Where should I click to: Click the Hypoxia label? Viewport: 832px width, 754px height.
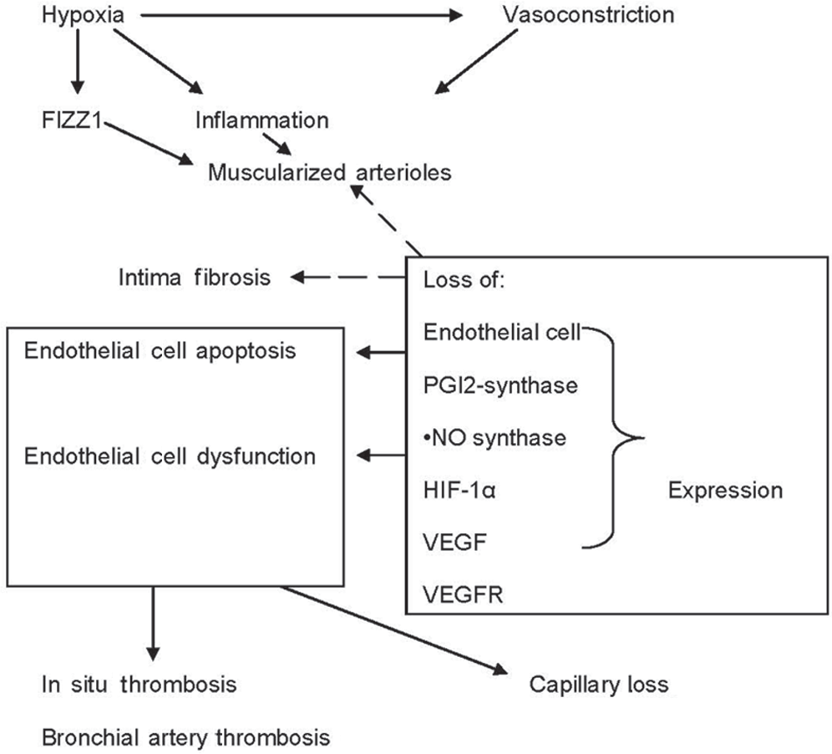pyautogui.click(x=83, y=15)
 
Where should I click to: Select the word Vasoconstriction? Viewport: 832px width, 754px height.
pyautogui.click(x=588, y=14)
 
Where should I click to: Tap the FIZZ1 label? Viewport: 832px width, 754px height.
pyautogui.click(x=72, y=120)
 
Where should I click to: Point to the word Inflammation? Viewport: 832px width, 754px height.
pyautogui.click(x=262, y=120)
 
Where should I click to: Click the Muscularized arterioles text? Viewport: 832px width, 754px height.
pyautogui.click(x=329, y=172)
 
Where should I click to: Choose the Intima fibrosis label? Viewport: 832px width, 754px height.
pyautogui.click(x=194, y=278)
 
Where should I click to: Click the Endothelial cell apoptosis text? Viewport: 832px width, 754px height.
pyautogui.click(x=160, y=352)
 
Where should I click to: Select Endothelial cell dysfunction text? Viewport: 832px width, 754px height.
pyautogui.click(x=170, y=456)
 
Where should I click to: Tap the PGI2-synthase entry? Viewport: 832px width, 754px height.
pyautogui.click(x=500, y=386)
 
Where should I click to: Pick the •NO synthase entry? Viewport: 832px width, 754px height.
pyautogui.click(x=495, y=438)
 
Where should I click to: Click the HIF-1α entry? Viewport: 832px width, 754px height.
pyautogui.click(x=459, y=490)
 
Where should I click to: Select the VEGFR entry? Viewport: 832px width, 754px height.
pyautogui.click(x=463, y=594)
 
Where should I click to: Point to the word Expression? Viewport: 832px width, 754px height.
pyautogui.click(x=725, y=491)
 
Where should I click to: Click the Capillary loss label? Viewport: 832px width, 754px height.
pyautogui.click(x=599, y=685)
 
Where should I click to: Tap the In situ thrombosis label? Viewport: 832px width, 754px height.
pyautogui.click(x=139, y=685)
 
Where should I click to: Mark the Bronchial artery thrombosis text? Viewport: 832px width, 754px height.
pyautogui.click(x=185, y=737)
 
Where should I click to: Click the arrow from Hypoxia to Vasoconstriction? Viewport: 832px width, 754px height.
pyautogui.click(x=302, y=16)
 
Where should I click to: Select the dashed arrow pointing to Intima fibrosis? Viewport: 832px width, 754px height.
pyautogui.click(x=348, y=277)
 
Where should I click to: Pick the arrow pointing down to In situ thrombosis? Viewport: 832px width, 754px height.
pyautogui.click(x=153, y=624)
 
